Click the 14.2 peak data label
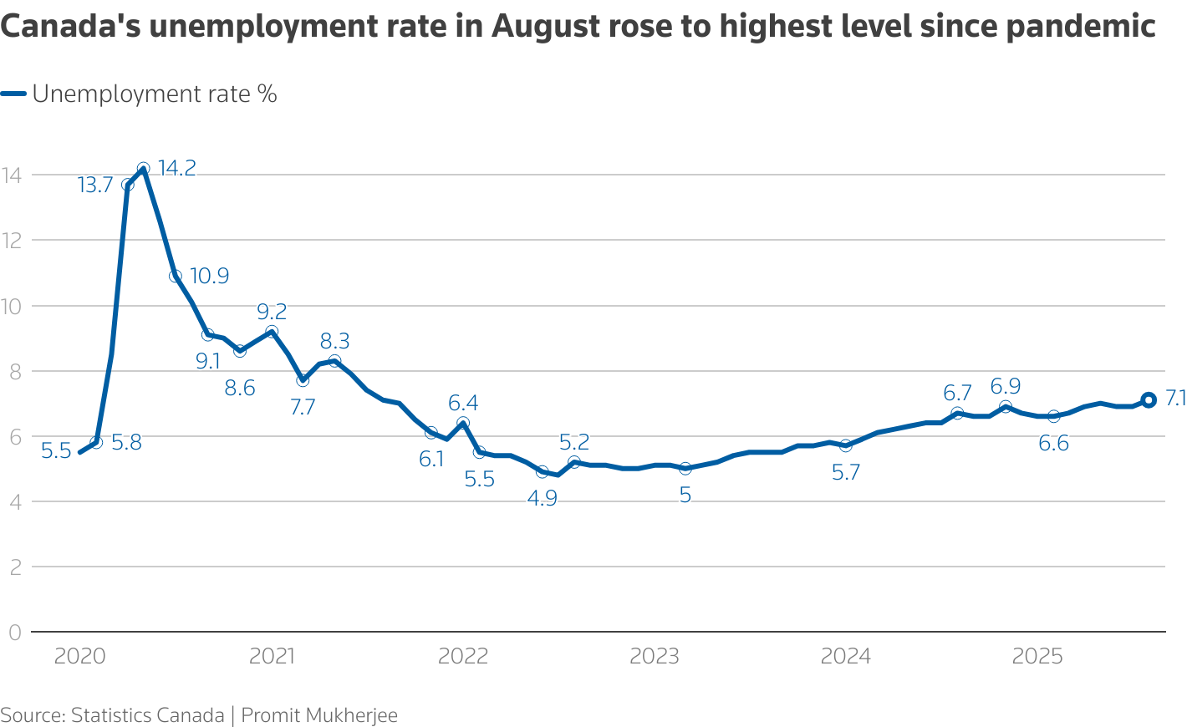(x=176, y=169)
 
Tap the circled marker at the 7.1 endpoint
(x=1149, y=400)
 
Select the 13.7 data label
(x=95, y=186)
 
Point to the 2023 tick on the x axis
(x=655, y=657)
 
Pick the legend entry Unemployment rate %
(x=155, y=94)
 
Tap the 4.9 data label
(x=542, y=499)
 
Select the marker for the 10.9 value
(x=176, y=277)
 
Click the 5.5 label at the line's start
(x=56, y=452)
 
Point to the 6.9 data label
(x=1006, y=386)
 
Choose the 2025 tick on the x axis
(x=1037, y=657)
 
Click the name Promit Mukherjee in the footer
(x=319, y=715)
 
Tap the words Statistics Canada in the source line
(x=147, y=715)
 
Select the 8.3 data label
(x=334, y=341)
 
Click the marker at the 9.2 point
(x=272, y=332)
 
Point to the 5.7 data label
(x=846, y=473)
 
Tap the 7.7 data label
(x=303, y=407)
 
